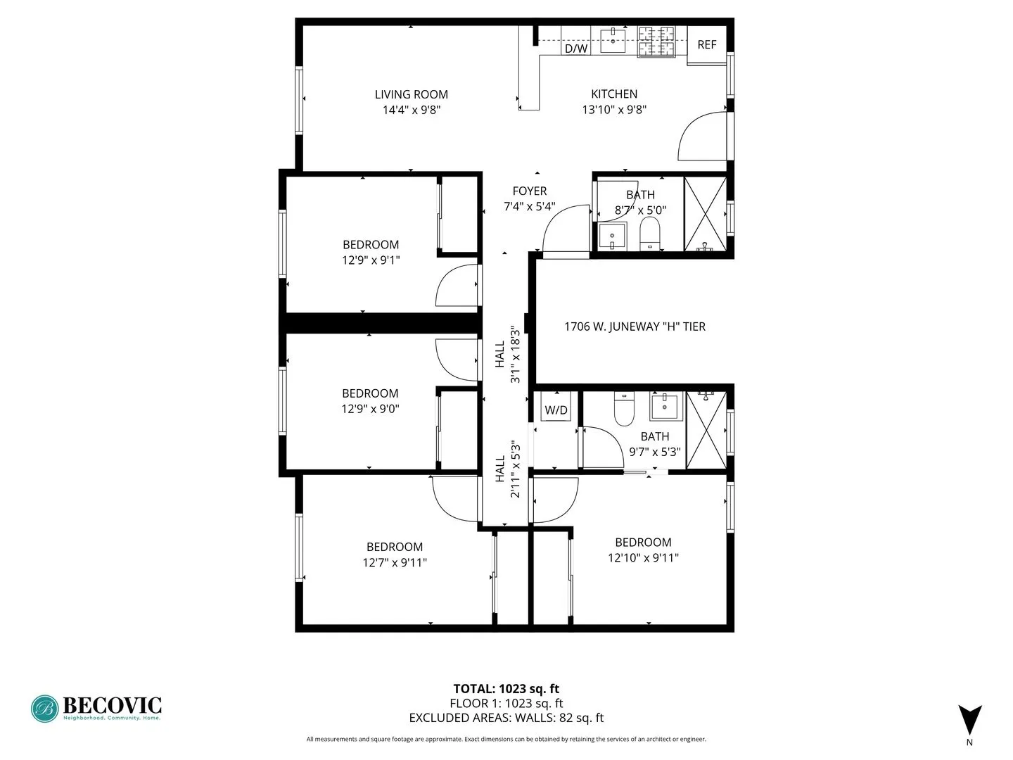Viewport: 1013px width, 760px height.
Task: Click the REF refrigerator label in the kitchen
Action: (706, 44)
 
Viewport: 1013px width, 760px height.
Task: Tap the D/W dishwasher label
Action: (576, 49)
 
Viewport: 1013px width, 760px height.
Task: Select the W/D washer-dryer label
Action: (556, 410)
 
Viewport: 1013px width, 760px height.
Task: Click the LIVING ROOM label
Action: (411, 94)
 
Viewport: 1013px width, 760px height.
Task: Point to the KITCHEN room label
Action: (614, 94)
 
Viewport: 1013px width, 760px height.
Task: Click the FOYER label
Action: (530, 191)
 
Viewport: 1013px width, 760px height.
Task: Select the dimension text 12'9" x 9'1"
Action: (371, 260)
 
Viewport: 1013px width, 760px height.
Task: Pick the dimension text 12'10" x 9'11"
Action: (643, 557)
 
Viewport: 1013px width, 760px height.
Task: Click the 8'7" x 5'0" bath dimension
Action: (640, 210)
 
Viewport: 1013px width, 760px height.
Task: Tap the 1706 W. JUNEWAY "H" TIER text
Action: (635, 327)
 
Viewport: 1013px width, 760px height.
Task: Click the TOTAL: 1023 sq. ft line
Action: (506, 689)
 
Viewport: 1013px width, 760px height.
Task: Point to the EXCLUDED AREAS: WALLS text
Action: (506, 718)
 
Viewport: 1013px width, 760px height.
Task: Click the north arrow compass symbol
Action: (969, 720)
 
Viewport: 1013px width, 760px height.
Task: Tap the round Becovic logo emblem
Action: (45, 709)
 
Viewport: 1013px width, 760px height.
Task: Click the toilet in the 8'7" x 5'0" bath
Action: (651, 233)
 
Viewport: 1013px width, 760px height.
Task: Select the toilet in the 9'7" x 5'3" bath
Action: (625, 409)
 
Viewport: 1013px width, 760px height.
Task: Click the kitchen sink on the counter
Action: (613, 40)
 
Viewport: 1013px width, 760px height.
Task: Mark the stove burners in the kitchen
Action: (656, 42)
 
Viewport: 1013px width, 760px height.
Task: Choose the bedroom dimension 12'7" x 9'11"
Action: (395, 562)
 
